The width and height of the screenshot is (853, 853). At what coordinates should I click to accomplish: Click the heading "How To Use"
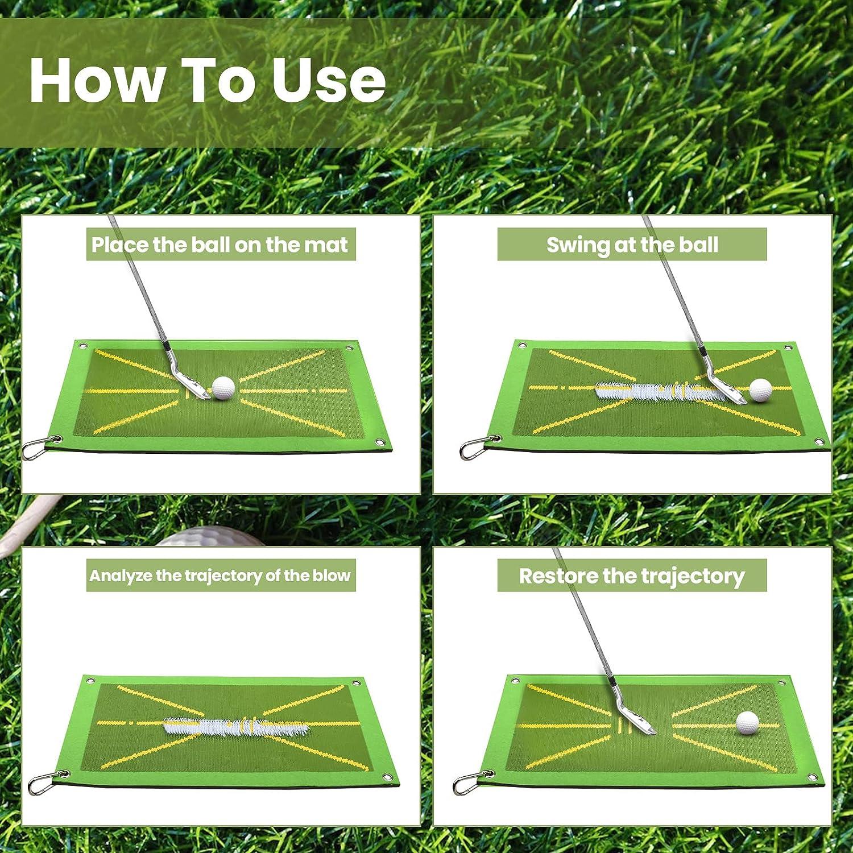(208, 80)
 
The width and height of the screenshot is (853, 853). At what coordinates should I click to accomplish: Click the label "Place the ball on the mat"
(220, 245)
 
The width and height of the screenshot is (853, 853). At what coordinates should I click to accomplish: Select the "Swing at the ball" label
(632, 245)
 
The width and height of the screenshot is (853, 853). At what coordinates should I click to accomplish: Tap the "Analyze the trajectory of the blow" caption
(220, 575)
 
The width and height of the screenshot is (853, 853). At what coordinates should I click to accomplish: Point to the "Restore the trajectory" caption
(632, 576)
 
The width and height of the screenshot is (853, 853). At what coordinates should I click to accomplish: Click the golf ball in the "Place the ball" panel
(223, 388)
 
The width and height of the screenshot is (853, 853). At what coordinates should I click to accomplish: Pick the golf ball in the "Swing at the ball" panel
(760, 390)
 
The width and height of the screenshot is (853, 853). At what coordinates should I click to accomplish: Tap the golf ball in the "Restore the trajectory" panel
(747, 722)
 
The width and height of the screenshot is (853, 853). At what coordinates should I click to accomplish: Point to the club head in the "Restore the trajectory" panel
(636, 715)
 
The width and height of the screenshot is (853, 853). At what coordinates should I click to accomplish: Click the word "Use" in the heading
(328, 80)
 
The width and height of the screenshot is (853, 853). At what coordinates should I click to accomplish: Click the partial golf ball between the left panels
(188, 537)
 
